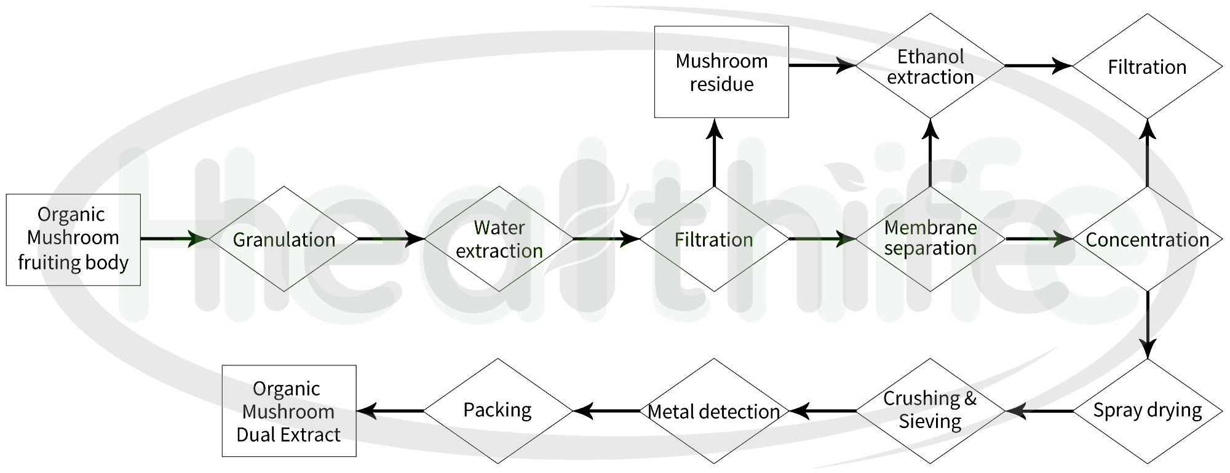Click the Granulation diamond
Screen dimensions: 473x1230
pyautogui.click(x=284, y=239)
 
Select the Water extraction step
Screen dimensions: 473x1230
pyautogui.click(x=499, y=239)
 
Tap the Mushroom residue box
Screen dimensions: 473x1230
pyautogui.click(x=721, y=72)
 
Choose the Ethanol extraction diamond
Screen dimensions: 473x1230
pyautogui.click(x=930, y=66)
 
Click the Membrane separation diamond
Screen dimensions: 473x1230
pyautogui.click(x=930, y=239)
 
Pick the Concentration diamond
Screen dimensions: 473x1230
pyautogui.click(x=1147, y=239)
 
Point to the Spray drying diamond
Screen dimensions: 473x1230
pyautogui.click(x=1147, y=410)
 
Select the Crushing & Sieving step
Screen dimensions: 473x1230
pyautogui.click(x=930, y=410)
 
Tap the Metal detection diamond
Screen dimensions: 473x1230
pyautogui.click(x=713, y=411)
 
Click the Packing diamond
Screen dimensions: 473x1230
pyautogui.click(x=498, y=410)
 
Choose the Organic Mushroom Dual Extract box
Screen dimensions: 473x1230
pyautogui.click(x=288, y=411)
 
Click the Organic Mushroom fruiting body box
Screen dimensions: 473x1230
pyautogui.click(x=73, y=239)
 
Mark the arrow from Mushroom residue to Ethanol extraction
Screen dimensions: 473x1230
pyautogui.click(x=822, y=65)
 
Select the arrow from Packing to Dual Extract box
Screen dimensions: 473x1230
pyautogui.click(x=390, y=411)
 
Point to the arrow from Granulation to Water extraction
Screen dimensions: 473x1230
pyautogui.click(x=391, y=239)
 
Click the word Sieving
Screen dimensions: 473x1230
pyautogui.click(x=930, y=422)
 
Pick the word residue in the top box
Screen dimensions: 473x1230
pyautogui.click(x=721, y=84)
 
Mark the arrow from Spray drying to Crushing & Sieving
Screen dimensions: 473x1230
pyautogui.click(x=1039, y=411)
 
